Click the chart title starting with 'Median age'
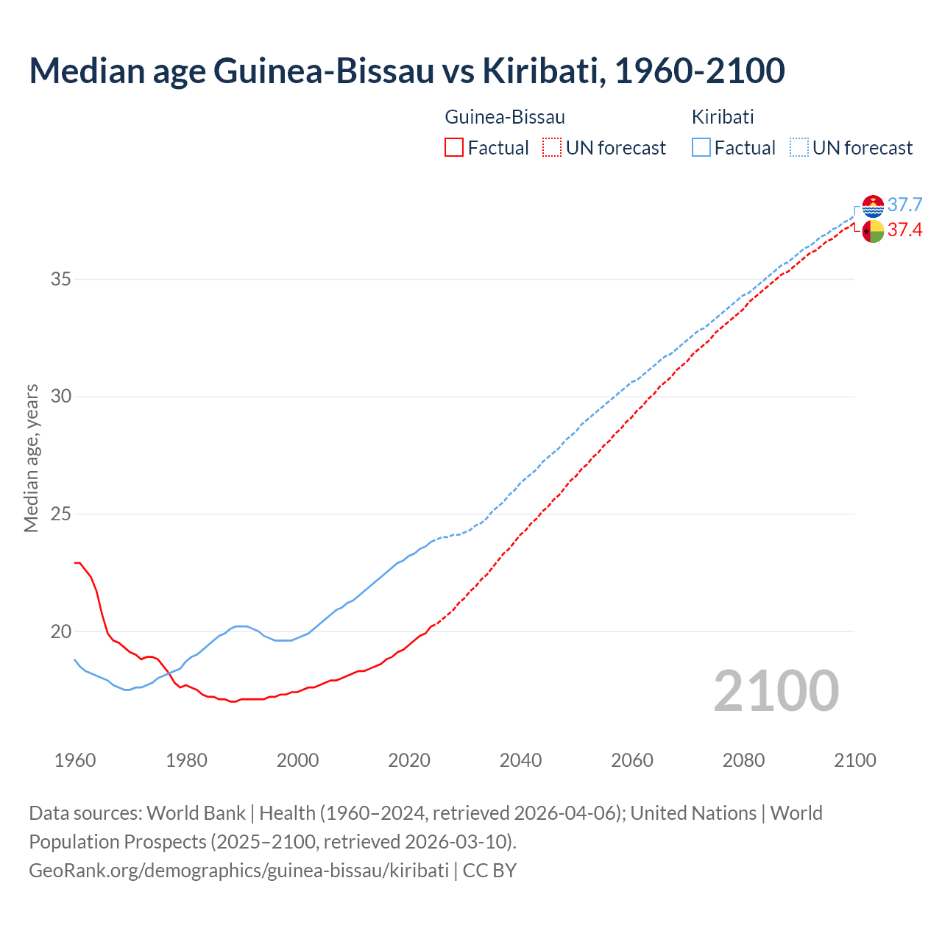407,71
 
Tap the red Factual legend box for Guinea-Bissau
454,147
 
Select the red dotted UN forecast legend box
552,147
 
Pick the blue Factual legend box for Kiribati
701,147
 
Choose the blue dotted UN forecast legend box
799,147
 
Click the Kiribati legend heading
723,117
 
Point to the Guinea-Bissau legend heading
505,117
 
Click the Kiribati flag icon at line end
873,206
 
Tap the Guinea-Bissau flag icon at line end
873,231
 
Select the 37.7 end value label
904,205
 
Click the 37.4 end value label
904,230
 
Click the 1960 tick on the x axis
75,760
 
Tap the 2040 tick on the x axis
520,760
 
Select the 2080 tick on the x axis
743,760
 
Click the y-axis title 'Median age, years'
31,458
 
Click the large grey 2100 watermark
776,691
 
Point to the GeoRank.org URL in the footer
238,871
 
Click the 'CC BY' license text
489,871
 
